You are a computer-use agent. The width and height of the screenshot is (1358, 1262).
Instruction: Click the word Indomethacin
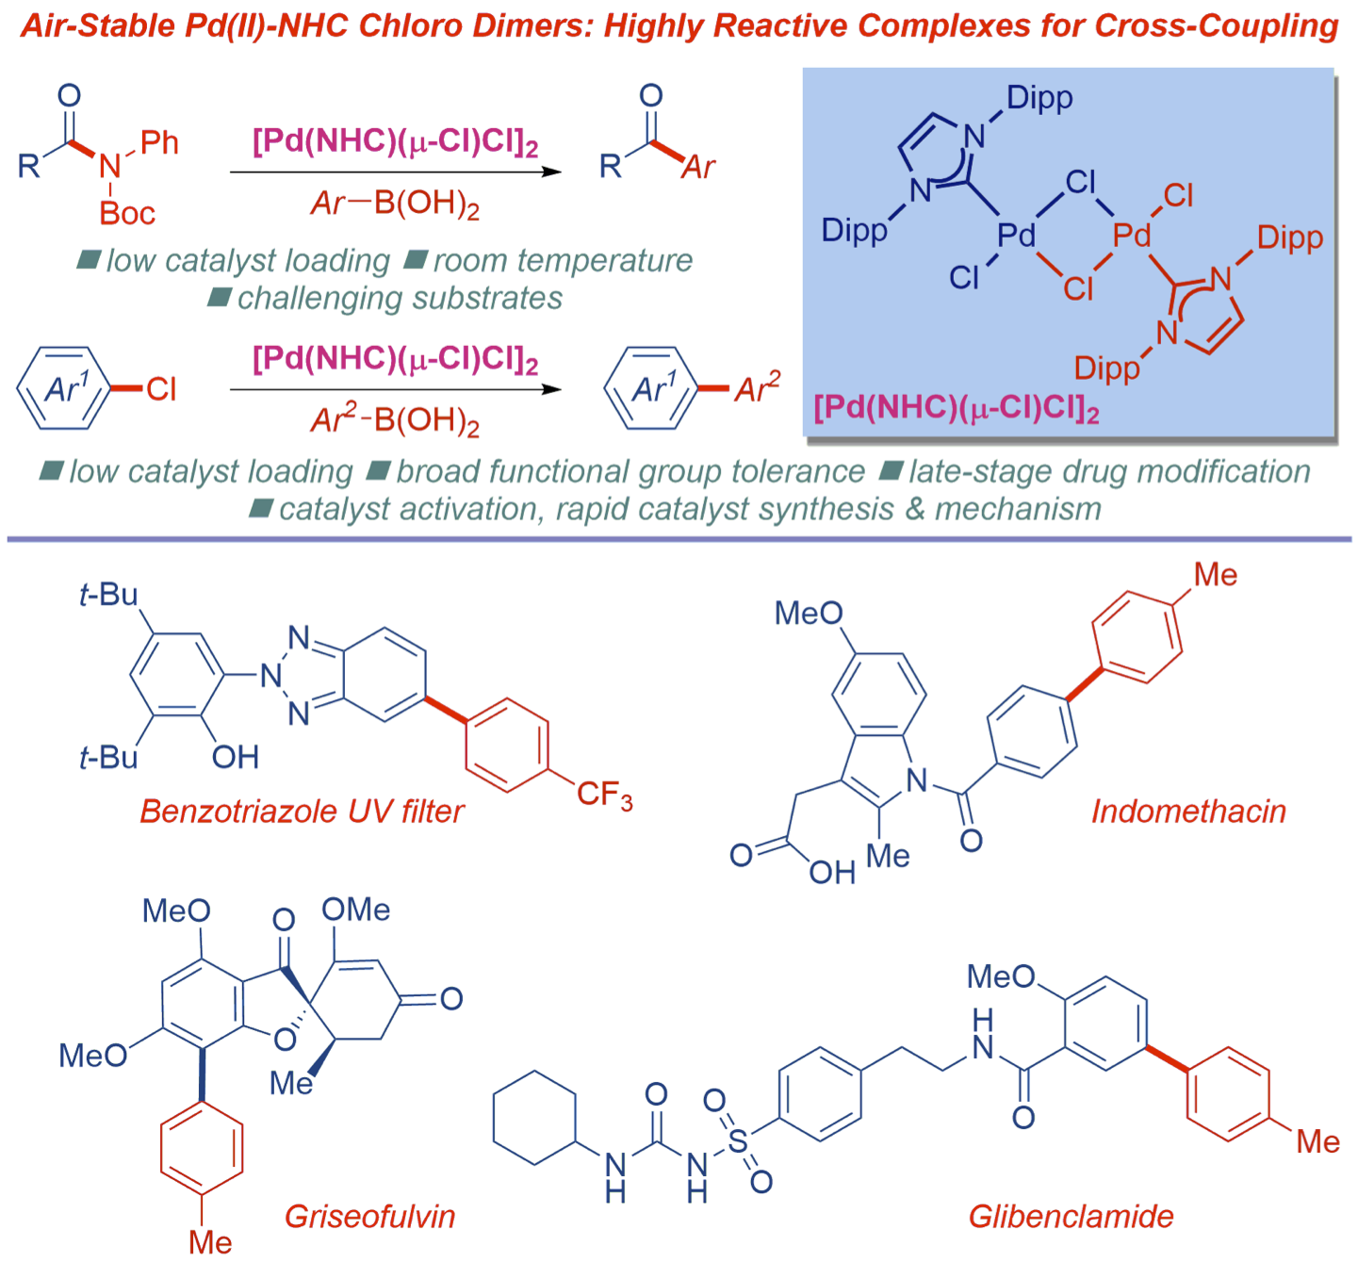click(1188, 811)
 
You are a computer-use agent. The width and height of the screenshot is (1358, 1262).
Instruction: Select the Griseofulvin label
click(369, 1216)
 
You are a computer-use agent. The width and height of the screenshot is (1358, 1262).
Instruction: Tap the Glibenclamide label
click(1071, 1216)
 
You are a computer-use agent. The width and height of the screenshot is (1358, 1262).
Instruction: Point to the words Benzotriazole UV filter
click(302, 811)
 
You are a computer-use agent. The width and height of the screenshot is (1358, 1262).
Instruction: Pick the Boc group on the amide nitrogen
click(127, 213)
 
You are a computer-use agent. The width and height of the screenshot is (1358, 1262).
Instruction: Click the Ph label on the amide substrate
click(159, 143)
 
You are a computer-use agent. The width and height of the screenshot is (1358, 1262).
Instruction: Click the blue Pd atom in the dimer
click(1017, 235)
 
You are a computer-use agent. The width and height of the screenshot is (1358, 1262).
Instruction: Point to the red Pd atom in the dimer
click(1132, 235)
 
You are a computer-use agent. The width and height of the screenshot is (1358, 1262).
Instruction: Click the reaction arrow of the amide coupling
click(396, 172)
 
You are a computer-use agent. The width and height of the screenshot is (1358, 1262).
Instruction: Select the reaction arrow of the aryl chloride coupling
click(396, 388)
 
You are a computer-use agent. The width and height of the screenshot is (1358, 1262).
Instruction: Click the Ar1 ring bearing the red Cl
click(64, 388)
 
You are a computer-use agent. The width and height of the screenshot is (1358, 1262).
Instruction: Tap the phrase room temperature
click(563, 260)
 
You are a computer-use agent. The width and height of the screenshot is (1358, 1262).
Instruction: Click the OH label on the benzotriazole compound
click(235, 757)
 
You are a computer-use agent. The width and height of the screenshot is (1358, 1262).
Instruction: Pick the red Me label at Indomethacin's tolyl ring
click(1215, 575)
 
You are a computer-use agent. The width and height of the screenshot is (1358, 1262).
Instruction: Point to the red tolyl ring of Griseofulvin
click(202, 1148)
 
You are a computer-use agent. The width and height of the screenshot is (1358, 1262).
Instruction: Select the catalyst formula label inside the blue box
click(957, 408)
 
